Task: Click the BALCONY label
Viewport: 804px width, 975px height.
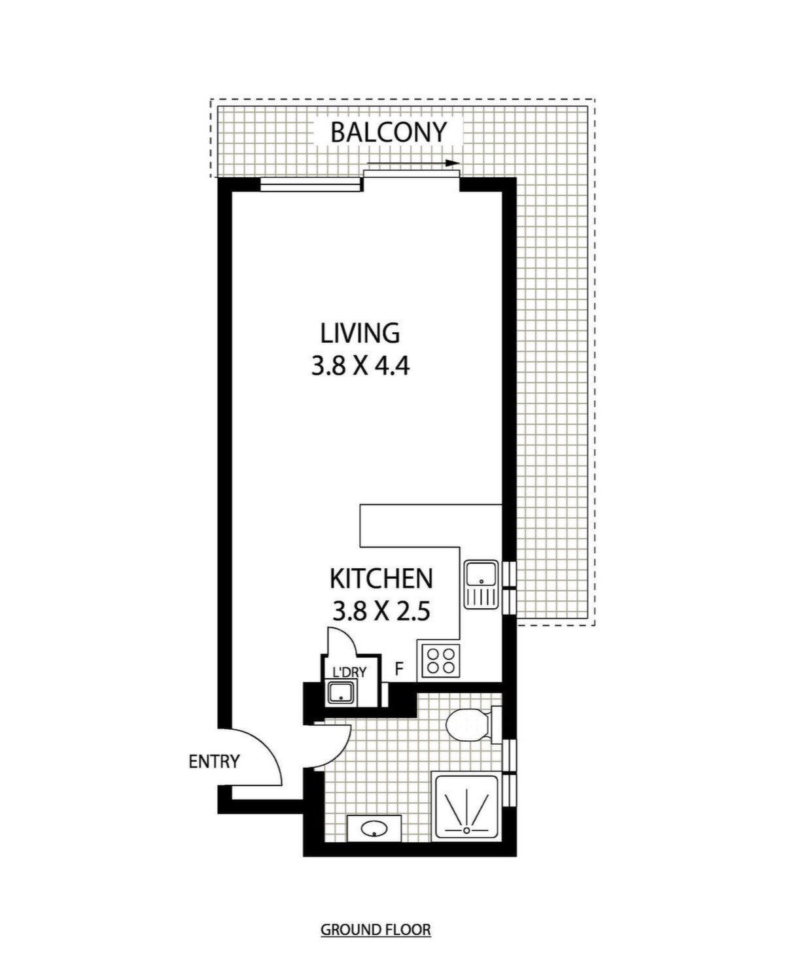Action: [388, 132]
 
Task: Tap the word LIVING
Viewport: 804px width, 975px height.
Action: [360, 333]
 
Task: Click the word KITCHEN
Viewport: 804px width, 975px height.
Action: [381, 579]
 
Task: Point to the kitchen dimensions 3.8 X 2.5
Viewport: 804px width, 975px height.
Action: [381, 610]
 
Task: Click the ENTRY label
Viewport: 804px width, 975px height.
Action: [214, 762]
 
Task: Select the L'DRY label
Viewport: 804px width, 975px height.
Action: [349, 672]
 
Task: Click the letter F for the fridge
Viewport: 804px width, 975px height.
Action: [399, 669]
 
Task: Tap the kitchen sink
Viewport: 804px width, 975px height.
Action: [481, 585]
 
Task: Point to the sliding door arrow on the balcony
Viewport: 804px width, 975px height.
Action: [413, 163]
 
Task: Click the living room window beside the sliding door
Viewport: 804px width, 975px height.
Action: [311, 186]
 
